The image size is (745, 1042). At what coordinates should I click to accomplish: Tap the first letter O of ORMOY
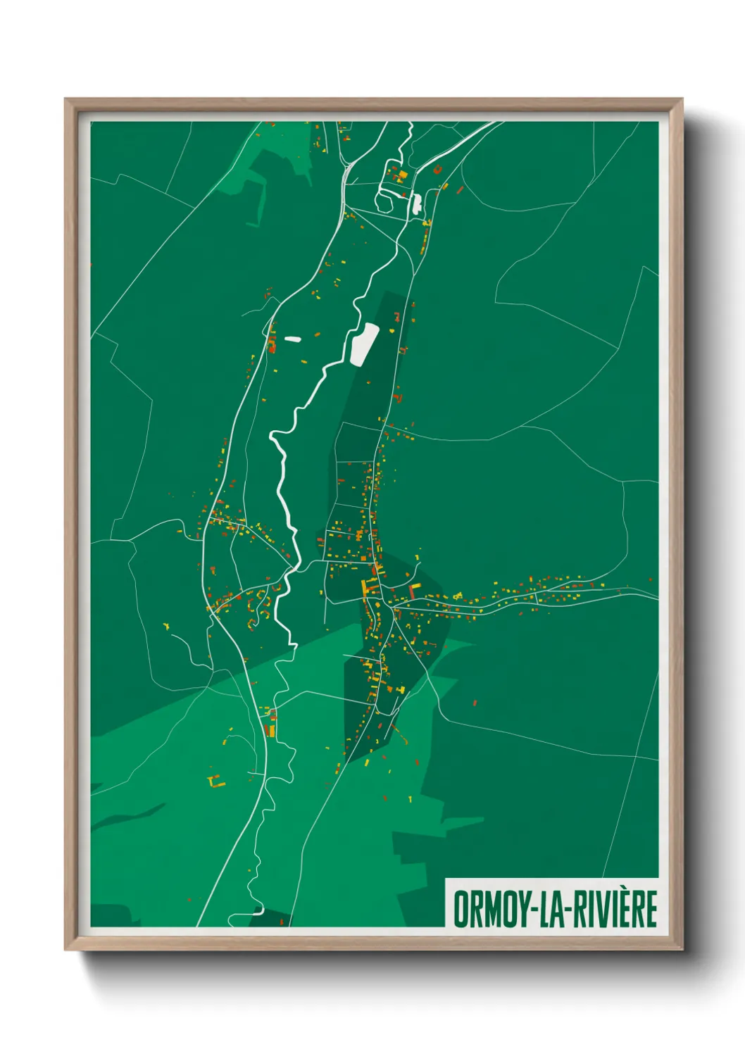tap(462, 909)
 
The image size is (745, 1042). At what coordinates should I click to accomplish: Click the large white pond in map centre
tap(364, 344)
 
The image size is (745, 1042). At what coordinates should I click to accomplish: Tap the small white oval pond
tap(292, 339)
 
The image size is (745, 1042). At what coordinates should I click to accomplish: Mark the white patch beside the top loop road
tap(416, 203)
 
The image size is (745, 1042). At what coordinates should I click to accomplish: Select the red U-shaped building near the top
tap(437, 170)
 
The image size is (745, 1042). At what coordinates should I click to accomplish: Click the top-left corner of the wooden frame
tap(65, 99)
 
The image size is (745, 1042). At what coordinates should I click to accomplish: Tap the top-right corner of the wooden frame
tap(682, 99)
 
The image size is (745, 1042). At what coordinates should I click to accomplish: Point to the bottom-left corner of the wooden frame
tap(65, 950)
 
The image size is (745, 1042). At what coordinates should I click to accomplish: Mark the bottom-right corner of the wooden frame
tap(682, 950)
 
